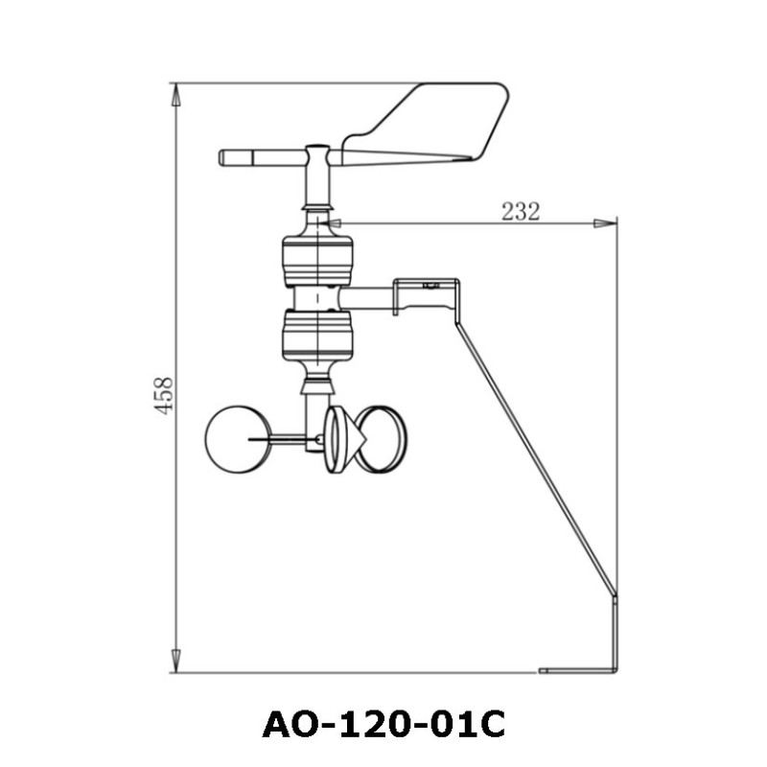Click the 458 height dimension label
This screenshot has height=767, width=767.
(164, 394)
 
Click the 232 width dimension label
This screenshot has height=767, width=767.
(521, 212)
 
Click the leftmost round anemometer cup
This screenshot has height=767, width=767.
(232, 439)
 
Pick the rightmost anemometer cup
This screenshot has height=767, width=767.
(383, 439)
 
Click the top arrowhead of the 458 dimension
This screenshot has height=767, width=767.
(175, 94)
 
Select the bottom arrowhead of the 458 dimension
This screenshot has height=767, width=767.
(175, 662)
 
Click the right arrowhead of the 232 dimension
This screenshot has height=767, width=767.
(606, 223)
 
